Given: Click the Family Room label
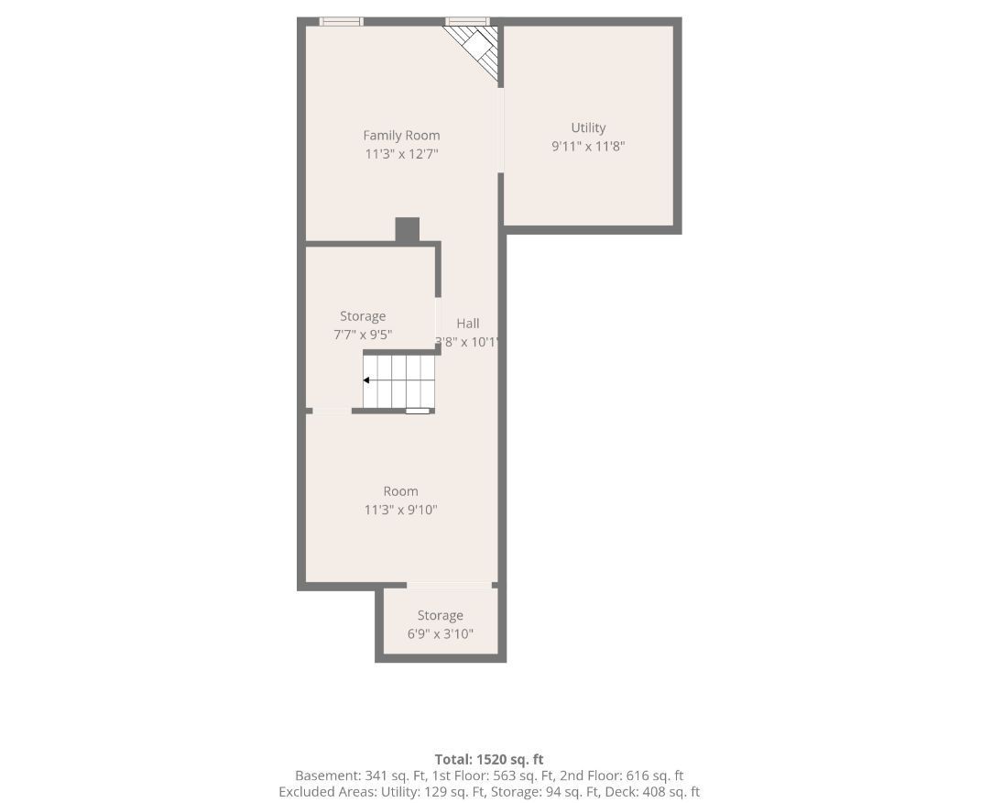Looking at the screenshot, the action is tap(401, 135).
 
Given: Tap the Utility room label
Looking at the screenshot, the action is tap(588, 127).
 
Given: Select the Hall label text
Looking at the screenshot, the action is tap(467, 324).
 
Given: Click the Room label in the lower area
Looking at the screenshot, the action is tap(400, 491).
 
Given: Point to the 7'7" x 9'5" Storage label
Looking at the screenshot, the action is tap(363, 315).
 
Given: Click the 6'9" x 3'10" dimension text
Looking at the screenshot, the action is tap(440, 634).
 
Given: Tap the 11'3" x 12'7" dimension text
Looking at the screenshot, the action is tap(401, 154).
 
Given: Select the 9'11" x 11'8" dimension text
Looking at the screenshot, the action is tap(588, 146).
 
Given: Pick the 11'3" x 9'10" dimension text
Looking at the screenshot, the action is tap(400, 510).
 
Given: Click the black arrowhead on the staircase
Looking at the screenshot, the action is tap(366, 380).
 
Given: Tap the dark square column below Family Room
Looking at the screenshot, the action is tap(407, 230).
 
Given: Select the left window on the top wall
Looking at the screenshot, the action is tap(341, 22).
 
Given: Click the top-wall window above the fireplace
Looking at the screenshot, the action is tap(467, 22).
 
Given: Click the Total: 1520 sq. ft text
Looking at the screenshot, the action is tap(489, 759).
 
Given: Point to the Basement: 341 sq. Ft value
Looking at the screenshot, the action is tap(361, 775).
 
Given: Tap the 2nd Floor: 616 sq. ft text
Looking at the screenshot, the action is tap(622, 775).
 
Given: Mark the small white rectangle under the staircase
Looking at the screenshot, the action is tap(417, 411).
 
